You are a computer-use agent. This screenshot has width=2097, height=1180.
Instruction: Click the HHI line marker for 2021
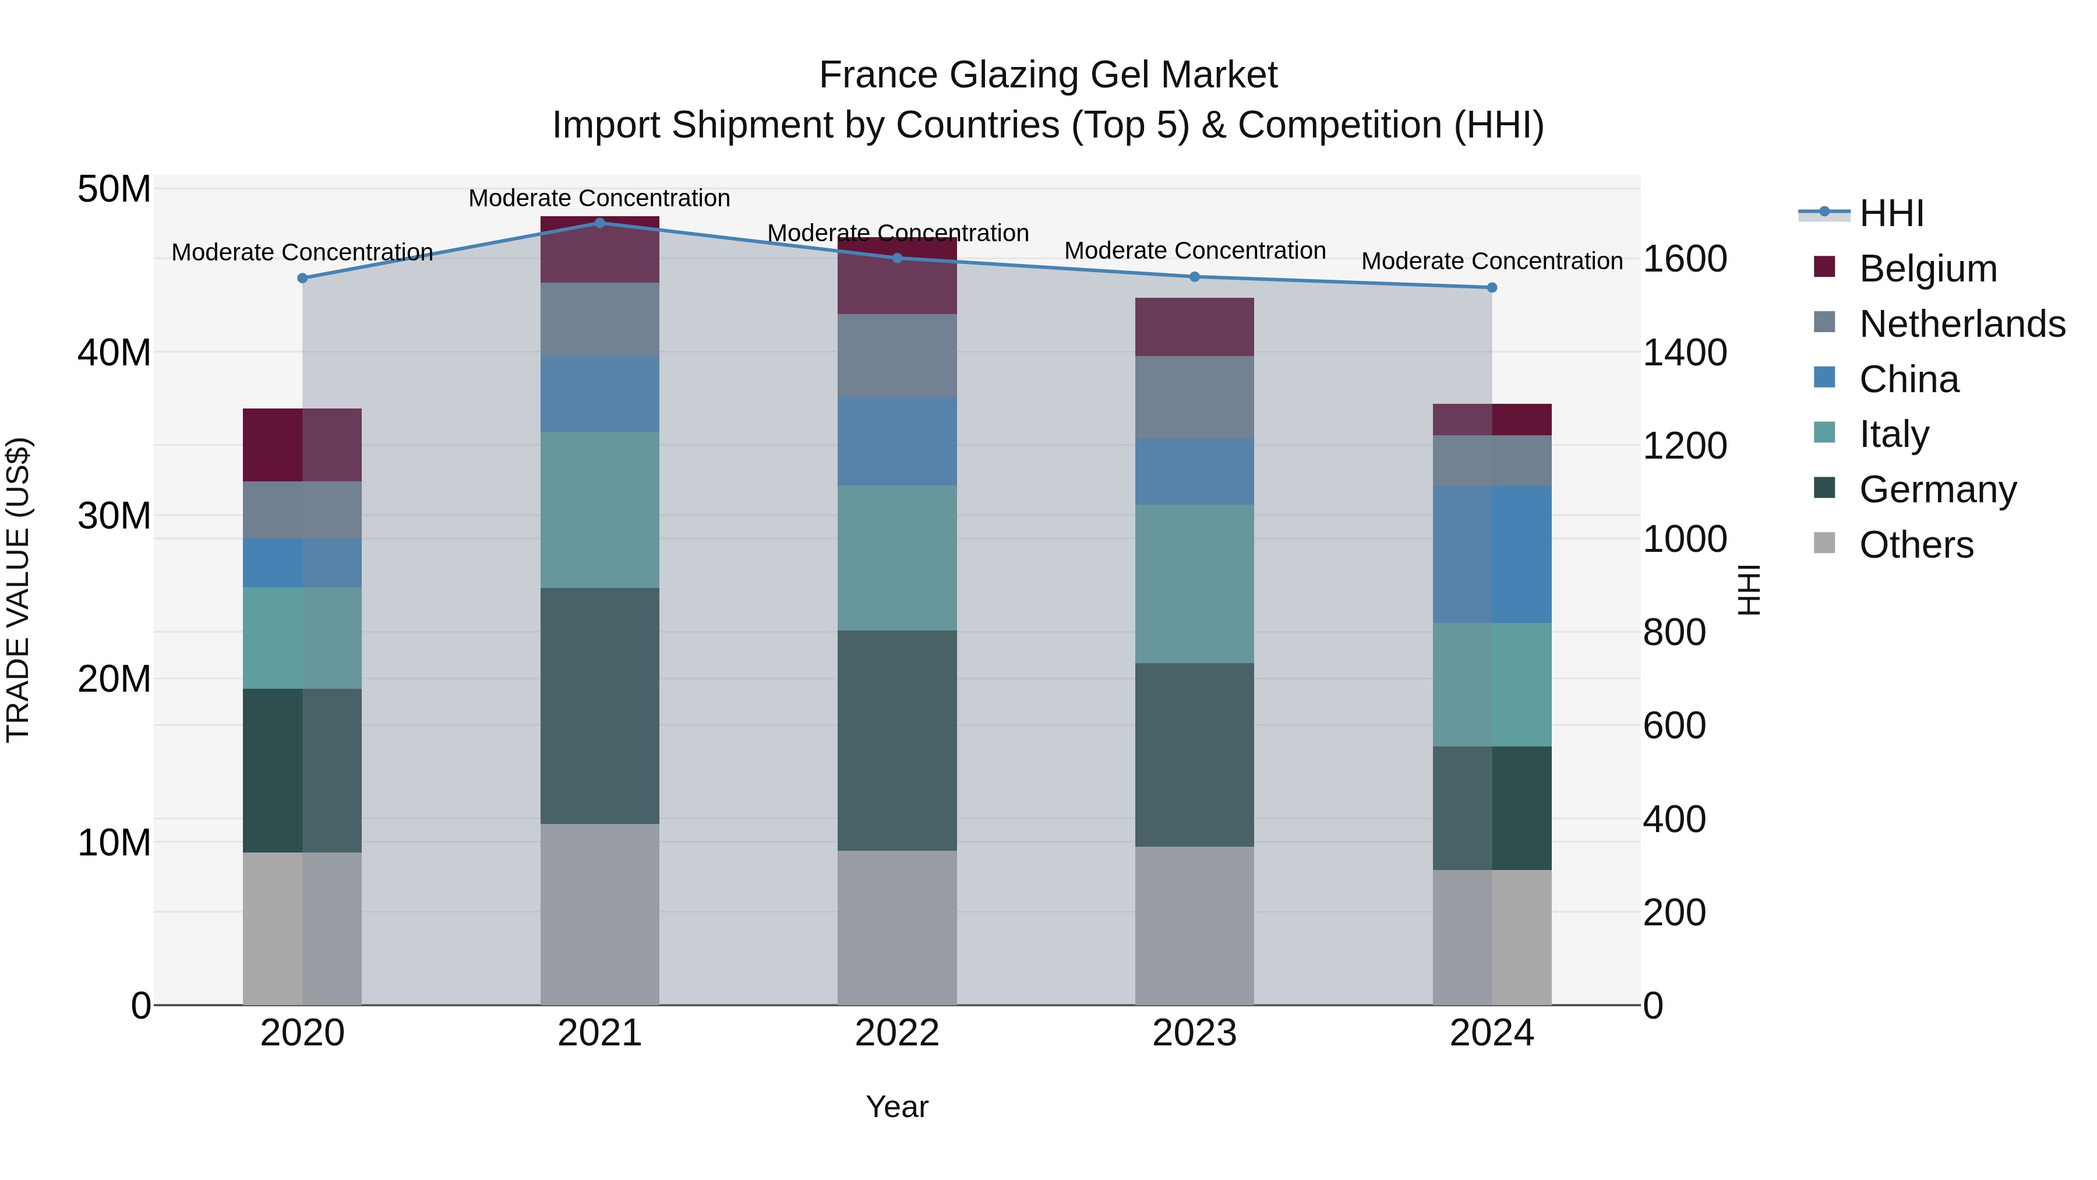tap(600, 223)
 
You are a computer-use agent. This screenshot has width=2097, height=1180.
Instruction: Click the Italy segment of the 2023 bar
tap(1194, 583)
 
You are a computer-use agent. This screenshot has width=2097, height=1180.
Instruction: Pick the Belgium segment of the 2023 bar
tap(1194, 326)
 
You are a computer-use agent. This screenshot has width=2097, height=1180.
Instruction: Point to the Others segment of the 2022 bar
tap(897, 928)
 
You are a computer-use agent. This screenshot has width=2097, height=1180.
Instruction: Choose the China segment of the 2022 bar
tap(897, 441)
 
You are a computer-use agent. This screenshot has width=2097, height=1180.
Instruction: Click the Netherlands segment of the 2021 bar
tap(600, 319)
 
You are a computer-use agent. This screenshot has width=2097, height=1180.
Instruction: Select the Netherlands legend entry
tap(1962, 323)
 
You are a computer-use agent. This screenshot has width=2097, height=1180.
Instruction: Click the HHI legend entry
tap(1891, 213)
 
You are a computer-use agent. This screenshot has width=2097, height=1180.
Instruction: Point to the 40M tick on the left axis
tap(114, 353)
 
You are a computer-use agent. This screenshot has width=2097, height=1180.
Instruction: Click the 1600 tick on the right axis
tap(1684, 259)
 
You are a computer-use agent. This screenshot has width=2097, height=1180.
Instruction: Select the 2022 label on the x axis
tap(897, 1033)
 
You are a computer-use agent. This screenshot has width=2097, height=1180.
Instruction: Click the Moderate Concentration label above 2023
tap(1194, 251)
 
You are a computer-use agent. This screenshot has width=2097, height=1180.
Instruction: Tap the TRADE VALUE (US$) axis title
tap(18, 590)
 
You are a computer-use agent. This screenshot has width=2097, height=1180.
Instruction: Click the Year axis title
tap(897, 1107)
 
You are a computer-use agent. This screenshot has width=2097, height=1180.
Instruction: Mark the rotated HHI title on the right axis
tap(1747, 590)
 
